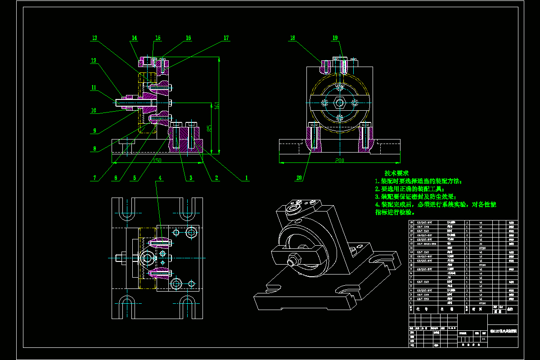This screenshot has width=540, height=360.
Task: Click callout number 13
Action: coord(94,38)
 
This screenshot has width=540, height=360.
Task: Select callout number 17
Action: coord(226,38)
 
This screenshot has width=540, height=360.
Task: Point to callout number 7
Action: coord(94,178)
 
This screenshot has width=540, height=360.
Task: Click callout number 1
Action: coord(246,178)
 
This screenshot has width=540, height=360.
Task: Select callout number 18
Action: coord(293,38)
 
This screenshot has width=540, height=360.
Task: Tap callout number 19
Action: coord(335,38)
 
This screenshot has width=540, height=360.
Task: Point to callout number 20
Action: coord(299,178)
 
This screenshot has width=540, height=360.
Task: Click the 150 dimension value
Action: coord(157,160)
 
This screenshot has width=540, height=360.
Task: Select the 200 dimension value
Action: coord(339,160)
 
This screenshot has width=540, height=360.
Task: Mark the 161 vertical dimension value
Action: coord(217,104)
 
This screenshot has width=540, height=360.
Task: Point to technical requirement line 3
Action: coord(415,197)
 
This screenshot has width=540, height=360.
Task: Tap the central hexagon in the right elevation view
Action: coord(340,103)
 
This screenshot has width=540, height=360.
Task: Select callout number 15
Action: coord(158,38)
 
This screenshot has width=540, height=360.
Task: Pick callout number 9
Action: coord(94,131)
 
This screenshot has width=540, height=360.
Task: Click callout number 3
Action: coord(191,178)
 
